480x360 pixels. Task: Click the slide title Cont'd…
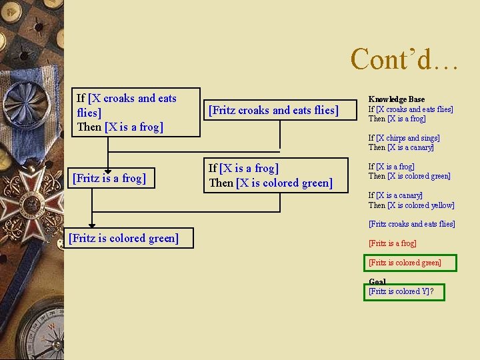pos(404,59)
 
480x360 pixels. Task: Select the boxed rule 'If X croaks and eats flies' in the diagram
pos(135,112)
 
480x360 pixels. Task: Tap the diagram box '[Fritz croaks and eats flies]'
pos(273,110)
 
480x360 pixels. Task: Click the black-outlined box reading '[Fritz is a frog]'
pos(109,178)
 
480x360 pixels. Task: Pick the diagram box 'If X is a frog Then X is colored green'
pos(275,175)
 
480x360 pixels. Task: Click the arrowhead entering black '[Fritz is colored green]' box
pos(92,224)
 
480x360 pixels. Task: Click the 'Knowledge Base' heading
pos(396,99)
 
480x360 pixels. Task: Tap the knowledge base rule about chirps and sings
pos(404,143)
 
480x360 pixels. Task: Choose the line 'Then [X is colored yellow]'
pos(411,205)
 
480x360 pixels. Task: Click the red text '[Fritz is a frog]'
pos(392,243)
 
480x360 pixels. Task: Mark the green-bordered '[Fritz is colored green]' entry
pos(405,263)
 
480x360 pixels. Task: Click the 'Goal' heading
pos(377,282)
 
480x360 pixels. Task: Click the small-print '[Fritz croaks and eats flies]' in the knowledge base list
pos(411,224)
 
